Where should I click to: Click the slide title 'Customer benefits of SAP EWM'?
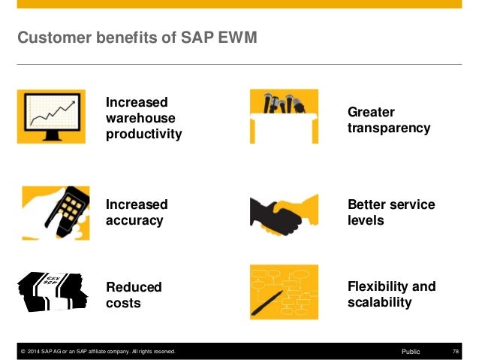click(137, 37)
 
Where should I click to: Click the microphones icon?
click(284, 116)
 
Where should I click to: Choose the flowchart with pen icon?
click(284, 292)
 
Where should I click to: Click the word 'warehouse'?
click(140, 118)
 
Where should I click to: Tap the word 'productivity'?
click(144, 134)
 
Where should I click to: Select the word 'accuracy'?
click(134, 221)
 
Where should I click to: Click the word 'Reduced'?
click(134, 287)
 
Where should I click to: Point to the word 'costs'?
click(123, 303)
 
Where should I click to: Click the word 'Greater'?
click(371, 112)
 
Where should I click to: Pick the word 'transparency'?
click(389, 128)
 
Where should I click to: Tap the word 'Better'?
click(367, 204)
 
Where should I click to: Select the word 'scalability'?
click(380, 302)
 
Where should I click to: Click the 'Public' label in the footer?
click(411, 351)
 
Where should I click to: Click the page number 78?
click(456, 351)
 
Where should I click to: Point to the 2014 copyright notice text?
click(98, 351)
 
